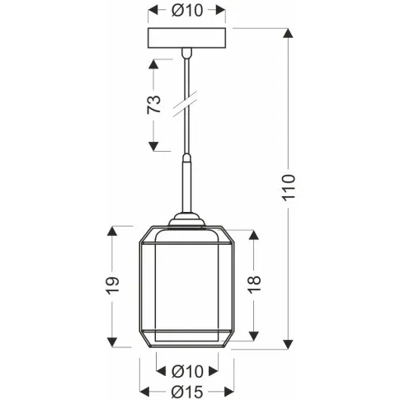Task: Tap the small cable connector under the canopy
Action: click(x=186, y=55)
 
